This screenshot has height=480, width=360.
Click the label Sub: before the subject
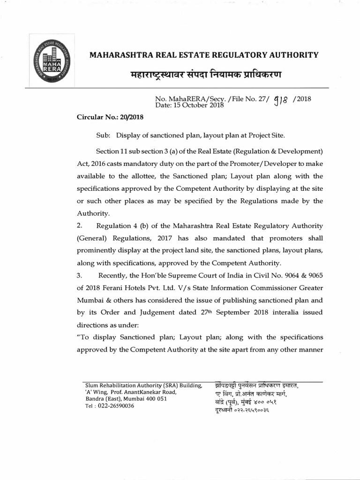click(x=103, y=135)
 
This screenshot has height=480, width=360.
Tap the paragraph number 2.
click(x=79, y=225)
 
